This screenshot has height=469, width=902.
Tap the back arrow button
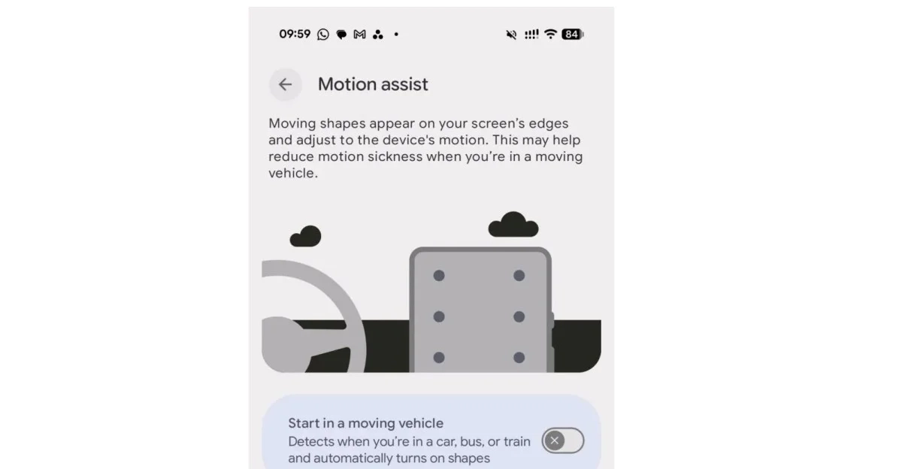coord(286,84)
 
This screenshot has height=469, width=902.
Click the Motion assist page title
coord(373,84)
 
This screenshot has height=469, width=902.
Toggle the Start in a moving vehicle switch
coord(562,440)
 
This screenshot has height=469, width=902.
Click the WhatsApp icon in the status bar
coord(323,35)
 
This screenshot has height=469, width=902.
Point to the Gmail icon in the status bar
coord(359,35)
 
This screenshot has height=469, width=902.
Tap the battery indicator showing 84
coord(572,35)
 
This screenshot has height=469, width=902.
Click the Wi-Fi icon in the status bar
coord(550,35)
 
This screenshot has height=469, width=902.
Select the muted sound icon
coord(511,35)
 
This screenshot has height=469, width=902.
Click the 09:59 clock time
coord(295,34)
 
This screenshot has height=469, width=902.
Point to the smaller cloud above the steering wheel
coord(306,236)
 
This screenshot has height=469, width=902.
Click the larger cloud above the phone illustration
coord(513,224)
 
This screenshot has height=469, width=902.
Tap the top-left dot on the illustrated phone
coord(439,276)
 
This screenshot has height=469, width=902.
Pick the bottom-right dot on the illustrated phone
coord(519,358)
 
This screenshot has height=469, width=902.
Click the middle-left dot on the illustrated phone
coord(439,316)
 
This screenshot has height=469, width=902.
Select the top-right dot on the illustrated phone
coord(519,276)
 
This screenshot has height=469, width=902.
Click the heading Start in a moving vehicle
coord(365,423)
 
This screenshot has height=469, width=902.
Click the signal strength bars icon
coord(531,35)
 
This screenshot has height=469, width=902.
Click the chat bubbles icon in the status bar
coord(341,35)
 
